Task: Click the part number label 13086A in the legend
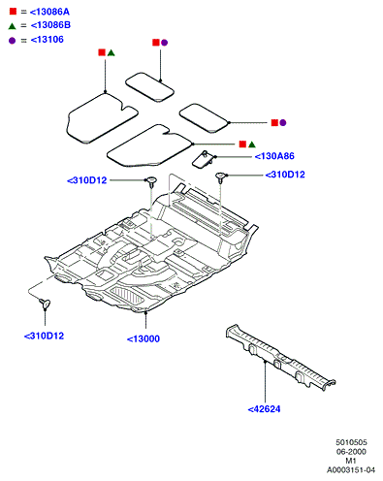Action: pyautogui.click(x=49, y=12)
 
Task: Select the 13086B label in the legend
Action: pyautogui.click(x=50, y=25)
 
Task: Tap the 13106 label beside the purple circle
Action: pyautogui.click(x=48, y=40)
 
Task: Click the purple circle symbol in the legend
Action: pyautogui.click(x=12, y=41)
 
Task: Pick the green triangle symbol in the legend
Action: pyautogui.click(x=12, y=26)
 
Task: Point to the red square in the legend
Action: pyautogui.click(x=13, y=12)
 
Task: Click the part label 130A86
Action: pyautogui.click(x=274, y=156)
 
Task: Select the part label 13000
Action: pyautogui.click(x=144, y=339)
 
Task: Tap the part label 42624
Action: pyautogui.click(x=264, y=409)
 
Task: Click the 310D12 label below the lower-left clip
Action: pyautogui.click(x=44, y=337)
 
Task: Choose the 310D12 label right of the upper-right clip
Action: pyautogui.click(x=285, y=175)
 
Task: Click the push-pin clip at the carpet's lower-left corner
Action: pyautogui.click(x=45, y=304)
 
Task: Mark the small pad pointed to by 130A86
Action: pyautogui.click(x=204, y=159)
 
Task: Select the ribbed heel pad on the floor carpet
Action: pyautogui.click(x=127, y=296)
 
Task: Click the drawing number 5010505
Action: pyautogui.click(x=351, y=442)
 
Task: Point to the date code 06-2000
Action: pyautogui.click(x=351, y=452)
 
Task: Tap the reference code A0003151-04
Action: pyautogui.click(x=351, y=470)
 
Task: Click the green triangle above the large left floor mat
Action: pyautogui.click(x=112, y=52)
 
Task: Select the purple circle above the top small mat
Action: pyautogui.click(x=165, y=43)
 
